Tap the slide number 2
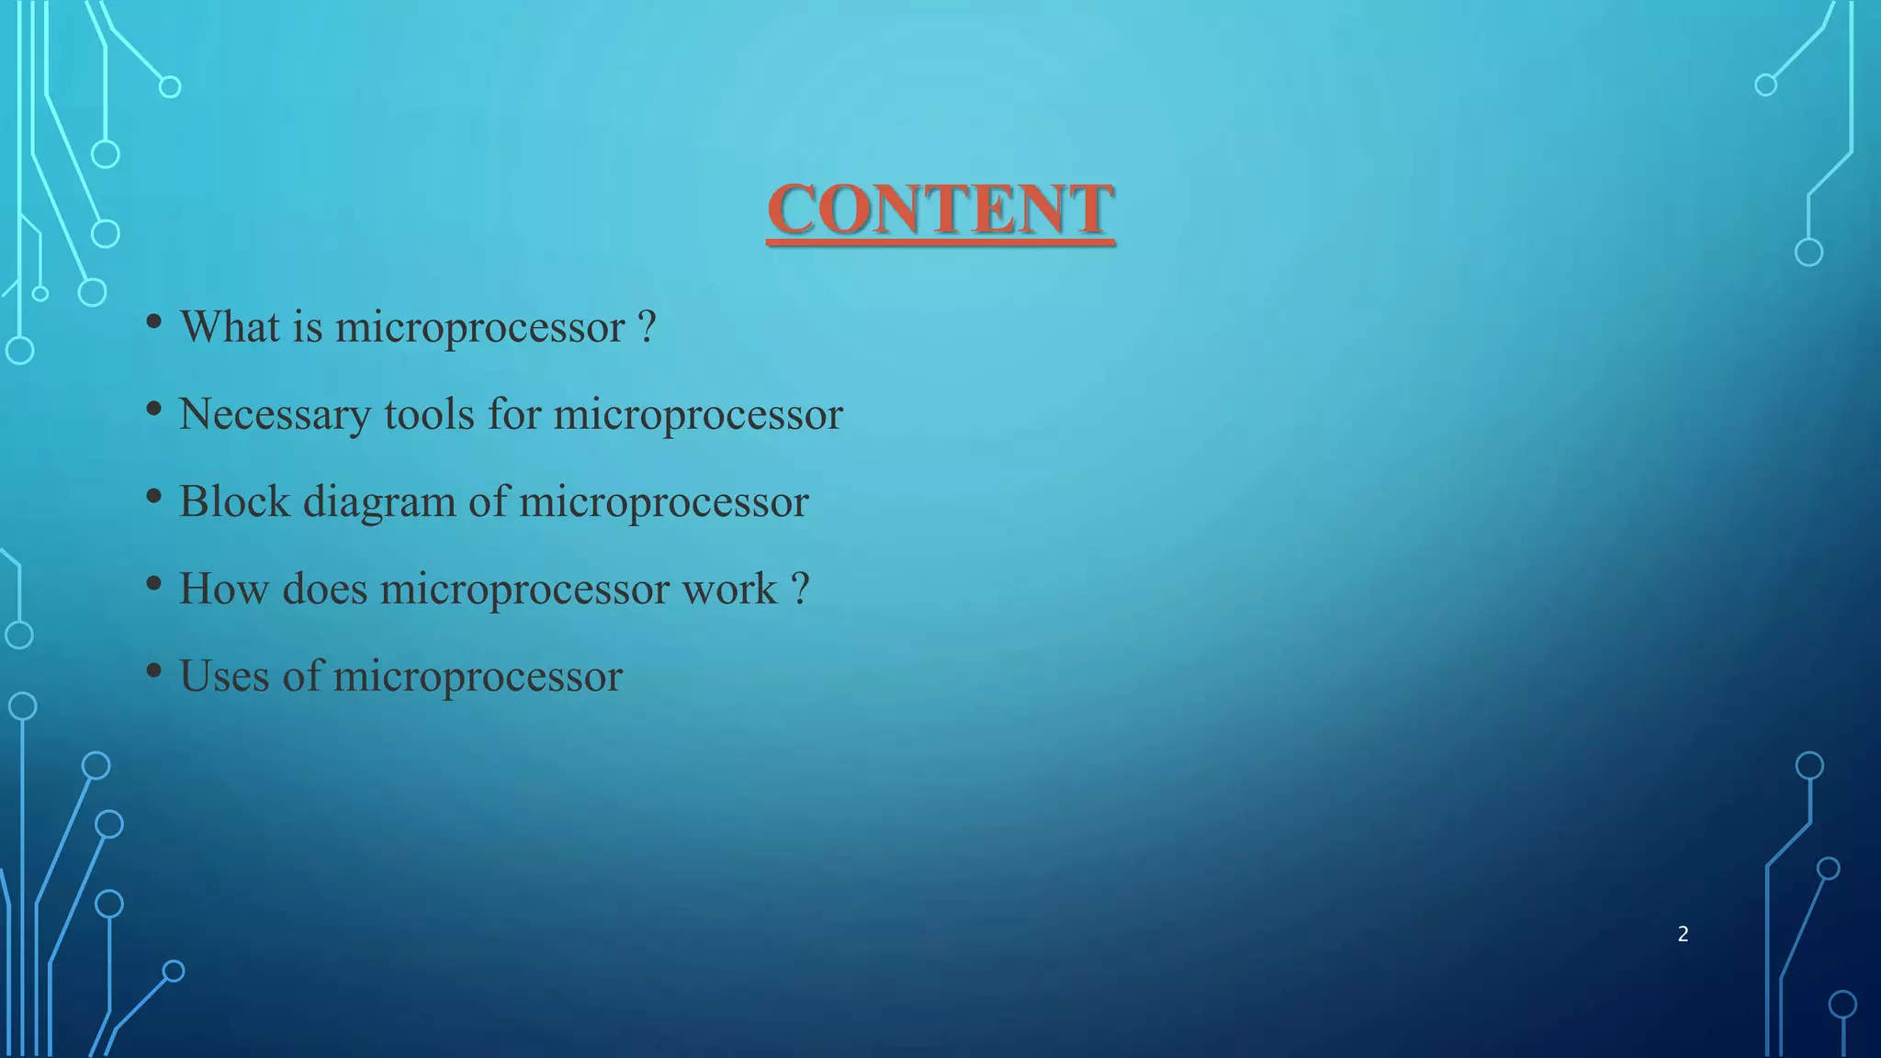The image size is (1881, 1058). (x=1683, y=934)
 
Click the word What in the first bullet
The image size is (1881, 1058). (x=230, y=326)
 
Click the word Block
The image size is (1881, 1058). (x=234, y=501)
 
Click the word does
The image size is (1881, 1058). (x=324, y=588)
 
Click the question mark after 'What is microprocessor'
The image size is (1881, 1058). (x=647, y=326)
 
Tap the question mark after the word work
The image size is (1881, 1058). (x=800, y=588)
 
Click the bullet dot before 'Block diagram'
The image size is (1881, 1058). (x=154, y=497)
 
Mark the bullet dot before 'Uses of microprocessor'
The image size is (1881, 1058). (x=154, y=671)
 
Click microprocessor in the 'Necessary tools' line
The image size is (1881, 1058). (x=698, y=415)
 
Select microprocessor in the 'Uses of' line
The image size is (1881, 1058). (x=478, y=677)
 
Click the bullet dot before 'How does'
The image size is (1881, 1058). (x=154, y=584)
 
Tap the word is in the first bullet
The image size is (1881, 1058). (x=308, y=326)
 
